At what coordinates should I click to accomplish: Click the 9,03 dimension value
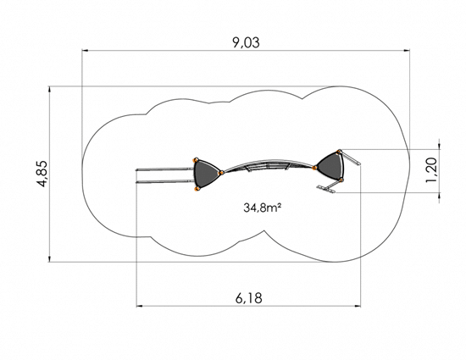click(x=246, y=42)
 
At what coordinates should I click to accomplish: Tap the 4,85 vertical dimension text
click(x=42, y=174)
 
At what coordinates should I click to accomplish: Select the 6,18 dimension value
click(x=249, y=298)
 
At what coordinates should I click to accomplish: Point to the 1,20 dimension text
click(x=431, y=170)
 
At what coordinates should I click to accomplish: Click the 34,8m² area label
click(x=262, y=208)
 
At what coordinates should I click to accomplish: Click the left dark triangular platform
click(x=207, y=174)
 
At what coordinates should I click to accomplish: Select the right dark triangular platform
click(x=330, y=166)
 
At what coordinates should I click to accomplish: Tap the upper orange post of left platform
click(x=196, y=160)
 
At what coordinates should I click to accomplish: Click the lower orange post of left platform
click(x=196, y=189)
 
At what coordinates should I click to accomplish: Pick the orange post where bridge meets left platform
click(x=221, y=173)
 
